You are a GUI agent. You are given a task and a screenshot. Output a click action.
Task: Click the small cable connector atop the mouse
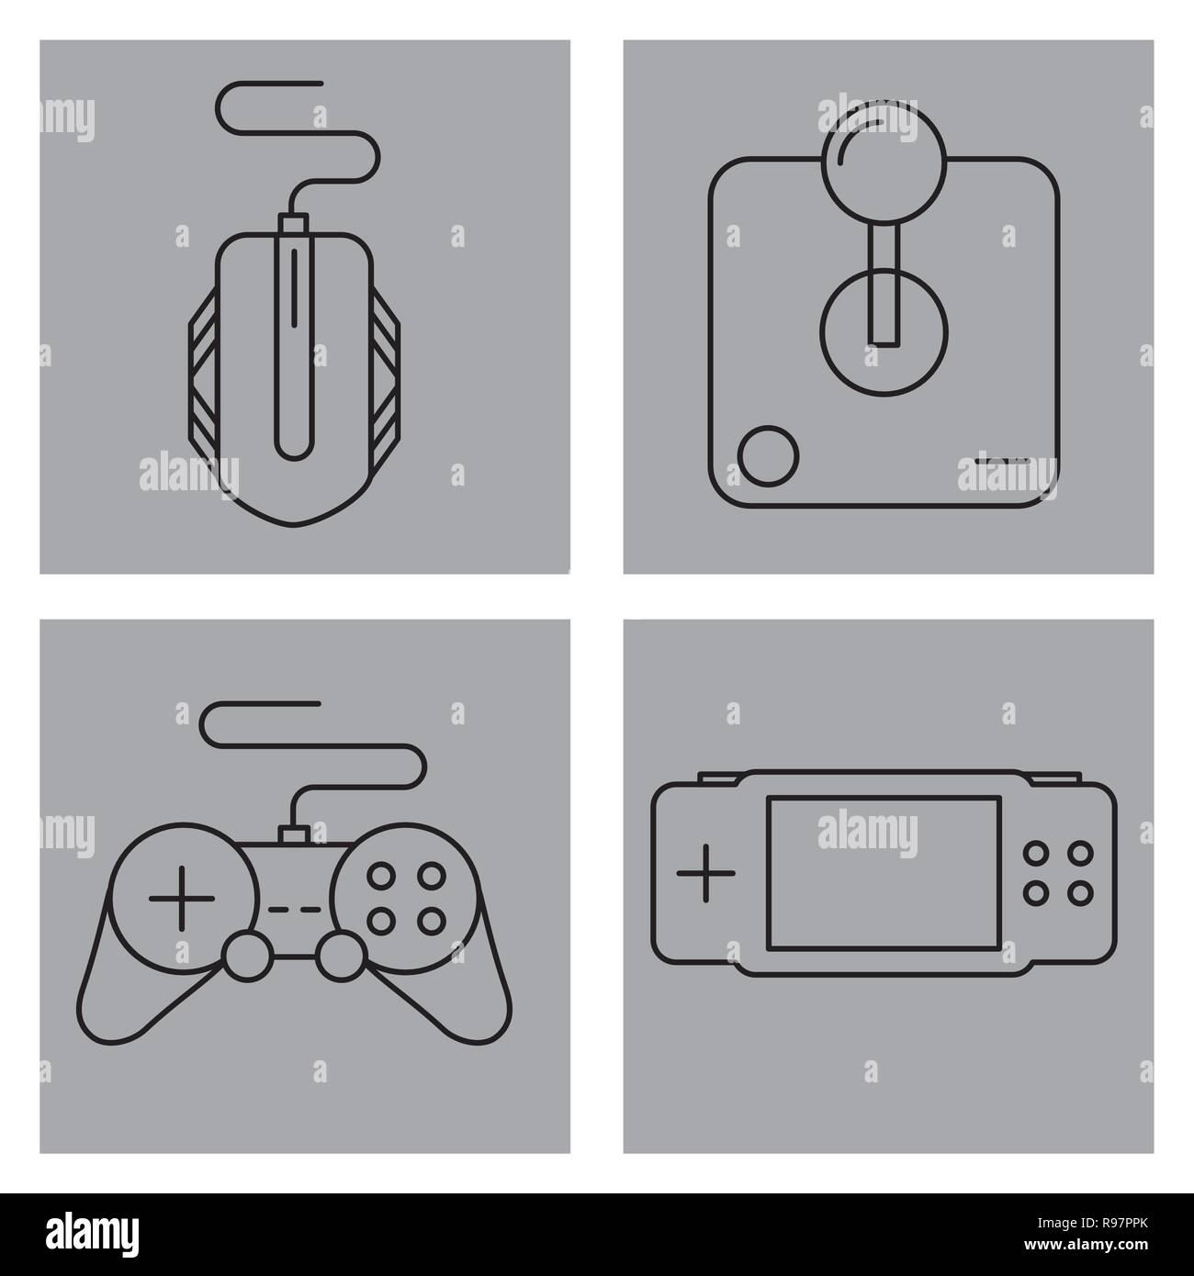coord(293,223)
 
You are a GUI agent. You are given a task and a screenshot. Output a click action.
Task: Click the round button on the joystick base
coord(770,455)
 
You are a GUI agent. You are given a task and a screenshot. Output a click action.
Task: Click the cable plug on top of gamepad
coord(293,834)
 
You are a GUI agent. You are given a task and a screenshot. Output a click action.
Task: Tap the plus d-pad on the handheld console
coord(705,871)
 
